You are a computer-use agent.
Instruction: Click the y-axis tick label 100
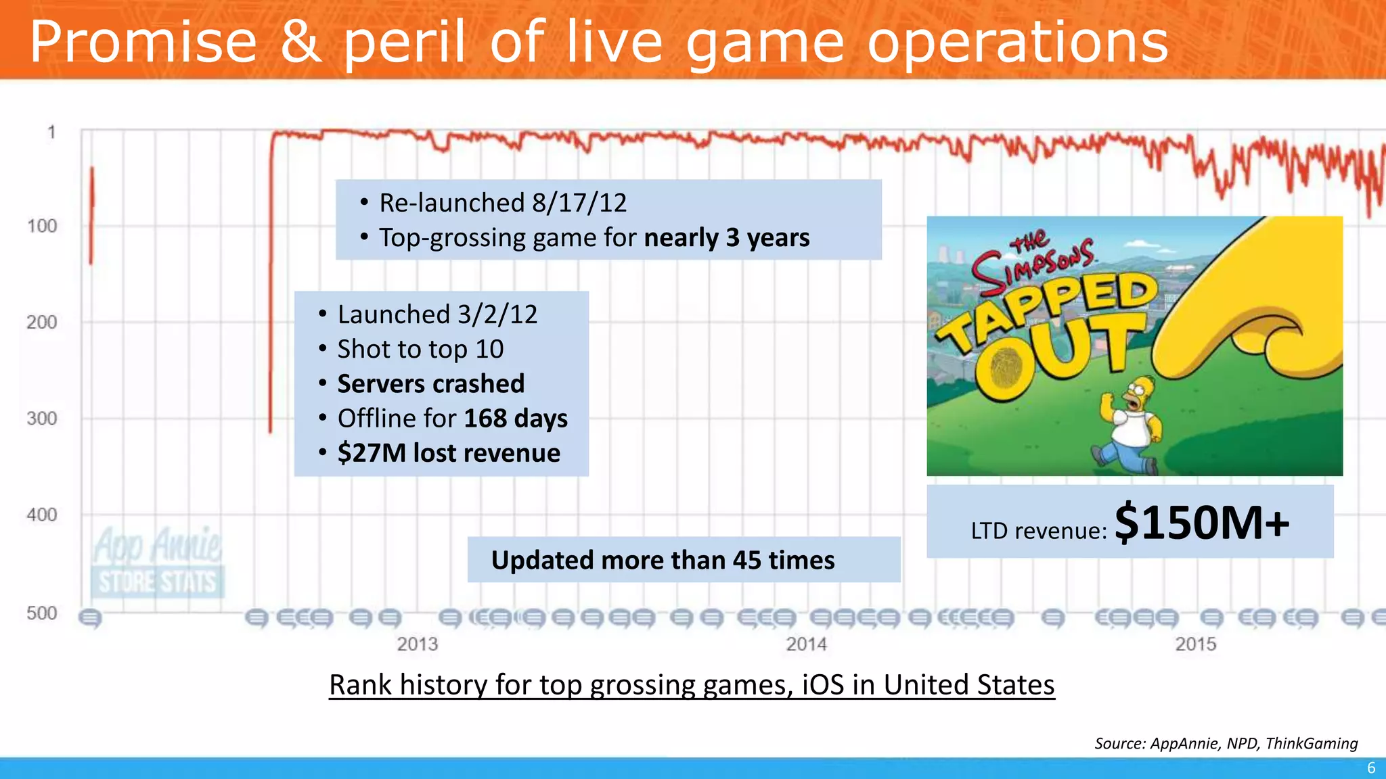pos(42,226)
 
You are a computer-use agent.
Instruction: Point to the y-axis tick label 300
pos(42,419)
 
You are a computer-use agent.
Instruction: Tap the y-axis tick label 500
pos(42,613)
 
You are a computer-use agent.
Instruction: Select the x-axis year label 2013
pos(417,644)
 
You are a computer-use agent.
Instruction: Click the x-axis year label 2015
pos(1195,644)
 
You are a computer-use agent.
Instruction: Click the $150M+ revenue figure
pos(1202,523)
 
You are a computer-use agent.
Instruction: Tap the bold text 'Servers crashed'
pos(430,383)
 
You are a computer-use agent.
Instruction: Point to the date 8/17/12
pos(579,203)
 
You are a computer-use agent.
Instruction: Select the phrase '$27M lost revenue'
pos(449,453)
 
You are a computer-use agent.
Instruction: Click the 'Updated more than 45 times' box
pos(684,560)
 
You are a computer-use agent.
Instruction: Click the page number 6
pos(1371,768)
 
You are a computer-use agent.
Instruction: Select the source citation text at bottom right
pos(1226,743)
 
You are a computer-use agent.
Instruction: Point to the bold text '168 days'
pos(516,419)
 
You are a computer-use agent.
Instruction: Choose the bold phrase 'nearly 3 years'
pos(727,238)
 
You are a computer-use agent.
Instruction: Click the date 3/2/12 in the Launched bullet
pos(497,314)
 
